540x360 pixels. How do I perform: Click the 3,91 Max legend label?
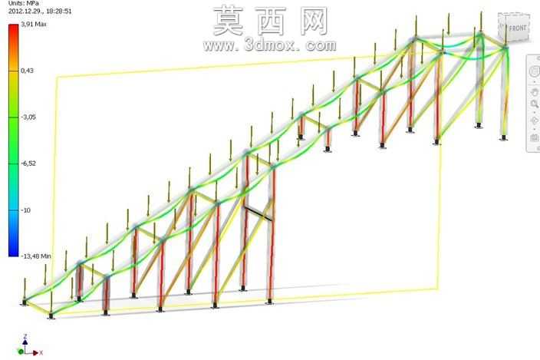pos(34,24)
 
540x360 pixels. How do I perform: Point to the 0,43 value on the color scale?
pos(27,71)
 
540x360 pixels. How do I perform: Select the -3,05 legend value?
pos(28,117)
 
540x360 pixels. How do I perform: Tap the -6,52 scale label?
pos(28,163)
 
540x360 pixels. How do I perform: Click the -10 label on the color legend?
pos(25,210)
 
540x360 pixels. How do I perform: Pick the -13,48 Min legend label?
pos(36,256)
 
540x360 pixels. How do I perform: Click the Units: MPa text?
pos(24,3)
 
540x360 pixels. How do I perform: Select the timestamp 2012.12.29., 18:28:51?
pos(40,11)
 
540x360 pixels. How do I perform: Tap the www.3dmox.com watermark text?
pos(270,45)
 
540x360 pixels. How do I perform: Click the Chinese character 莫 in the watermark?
pos(229,21)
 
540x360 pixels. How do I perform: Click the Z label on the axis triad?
pos(25,336)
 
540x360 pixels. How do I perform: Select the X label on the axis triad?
pos(41,353)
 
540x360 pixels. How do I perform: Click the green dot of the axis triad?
pos(21,352)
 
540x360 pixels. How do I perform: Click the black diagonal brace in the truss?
pos(258,213)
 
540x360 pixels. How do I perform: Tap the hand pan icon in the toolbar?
pos(534,92)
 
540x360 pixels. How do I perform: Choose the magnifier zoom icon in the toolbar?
pos(535,104)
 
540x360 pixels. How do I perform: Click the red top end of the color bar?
pos(14,28)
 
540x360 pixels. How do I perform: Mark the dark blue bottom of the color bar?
pos(14,253)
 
